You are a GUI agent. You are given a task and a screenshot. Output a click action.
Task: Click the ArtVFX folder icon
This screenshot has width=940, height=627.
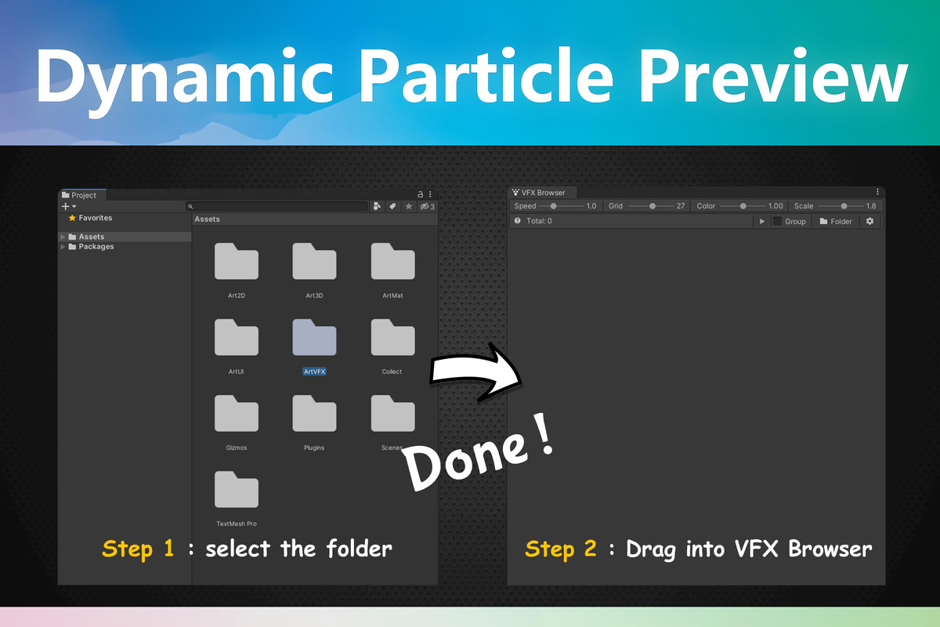[314, 337]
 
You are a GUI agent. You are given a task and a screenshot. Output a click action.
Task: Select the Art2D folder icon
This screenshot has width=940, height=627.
[236, 261]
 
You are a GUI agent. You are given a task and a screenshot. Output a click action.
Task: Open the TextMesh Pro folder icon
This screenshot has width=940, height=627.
[236, 489]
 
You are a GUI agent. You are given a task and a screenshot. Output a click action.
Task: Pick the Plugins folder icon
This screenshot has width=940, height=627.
[314, 413]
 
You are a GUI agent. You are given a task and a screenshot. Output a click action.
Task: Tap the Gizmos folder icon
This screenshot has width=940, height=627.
[236, 413]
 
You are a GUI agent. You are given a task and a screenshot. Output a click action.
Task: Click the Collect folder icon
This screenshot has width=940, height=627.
[392, 337]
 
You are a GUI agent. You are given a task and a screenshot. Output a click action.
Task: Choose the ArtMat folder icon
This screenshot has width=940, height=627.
[392, 261]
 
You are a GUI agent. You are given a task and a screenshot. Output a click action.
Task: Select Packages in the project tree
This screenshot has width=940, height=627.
[96, 247]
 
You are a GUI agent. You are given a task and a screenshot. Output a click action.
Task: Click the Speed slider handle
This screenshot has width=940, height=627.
[554, 206]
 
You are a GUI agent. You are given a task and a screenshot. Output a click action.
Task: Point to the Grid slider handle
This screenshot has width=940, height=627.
[653, 206]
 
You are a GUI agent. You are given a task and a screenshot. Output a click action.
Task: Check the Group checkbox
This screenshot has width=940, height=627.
[777, 222]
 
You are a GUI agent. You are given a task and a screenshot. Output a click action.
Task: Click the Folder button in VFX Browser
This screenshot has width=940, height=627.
[835, 222]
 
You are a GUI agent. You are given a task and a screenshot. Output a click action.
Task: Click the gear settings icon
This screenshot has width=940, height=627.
[869, 222]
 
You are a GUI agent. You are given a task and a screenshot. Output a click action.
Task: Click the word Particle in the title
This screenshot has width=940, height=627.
[486, 77]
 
